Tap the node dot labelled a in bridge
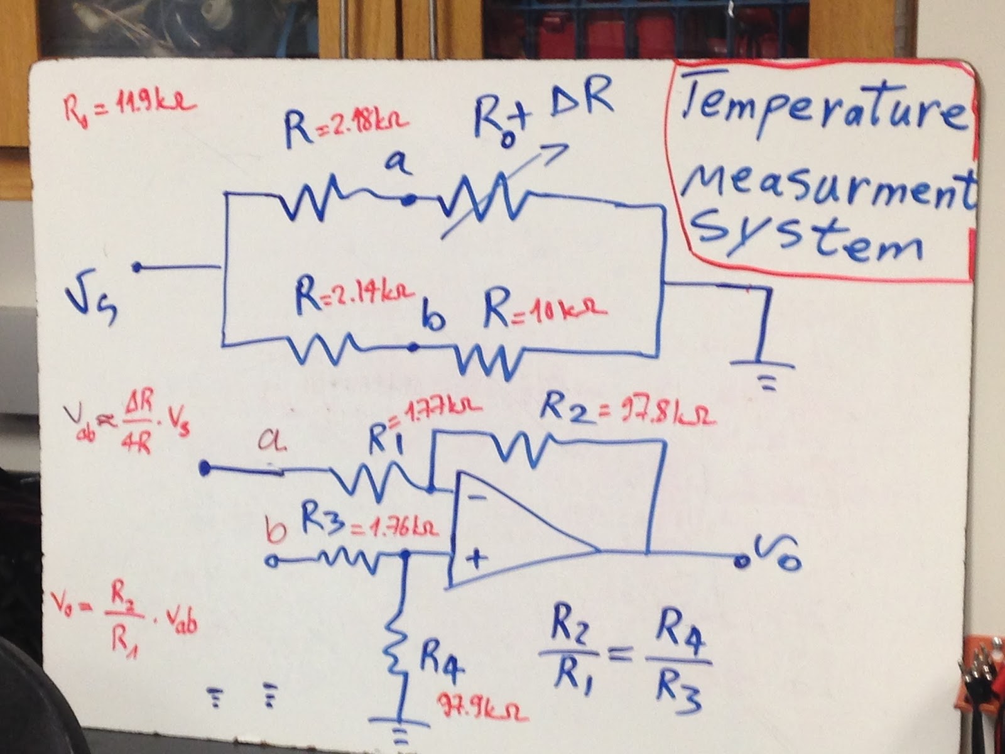(409, 200)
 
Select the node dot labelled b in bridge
(413, 346)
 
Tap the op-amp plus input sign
(479, 558)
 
